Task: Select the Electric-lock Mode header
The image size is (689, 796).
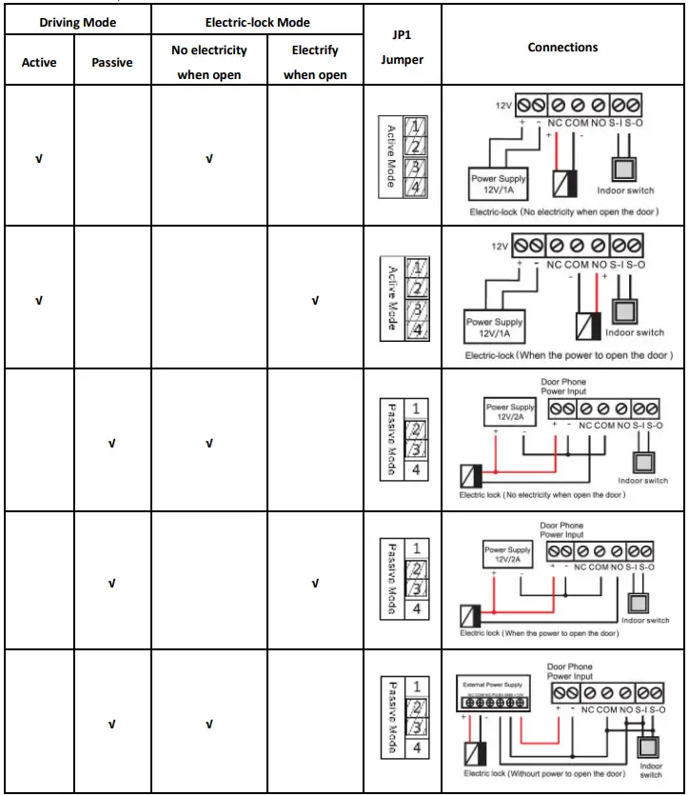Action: (x=257, y=22)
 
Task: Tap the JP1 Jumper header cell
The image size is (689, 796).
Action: (x=402, y=47)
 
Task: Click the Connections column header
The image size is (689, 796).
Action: (x=563, y=47)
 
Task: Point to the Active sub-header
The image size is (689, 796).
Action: (x=39, y=63)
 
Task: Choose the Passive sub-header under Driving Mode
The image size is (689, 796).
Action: (x=112, y=63)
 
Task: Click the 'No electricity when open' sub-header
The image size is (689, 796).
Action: (x=209, y=62)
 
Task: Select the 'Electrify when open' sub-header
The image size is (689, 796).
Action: (x=315, y=62)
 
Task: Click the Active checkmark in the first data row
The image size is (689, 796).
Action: (x=39, y=158)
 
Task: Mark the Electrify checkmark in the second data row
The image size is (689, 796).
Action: (x=315, y=301)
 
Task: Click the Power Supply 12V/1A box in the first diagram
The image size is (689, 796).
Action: (x=500, y=183)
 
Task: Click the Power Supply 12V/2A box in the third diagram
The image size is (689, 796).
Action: (x=510, y=411)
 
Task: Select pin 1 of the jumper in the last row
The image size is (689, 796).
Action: (x=415, y=686)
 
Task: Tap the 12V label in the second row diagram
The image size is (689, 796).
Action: (x=502, y=247)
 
